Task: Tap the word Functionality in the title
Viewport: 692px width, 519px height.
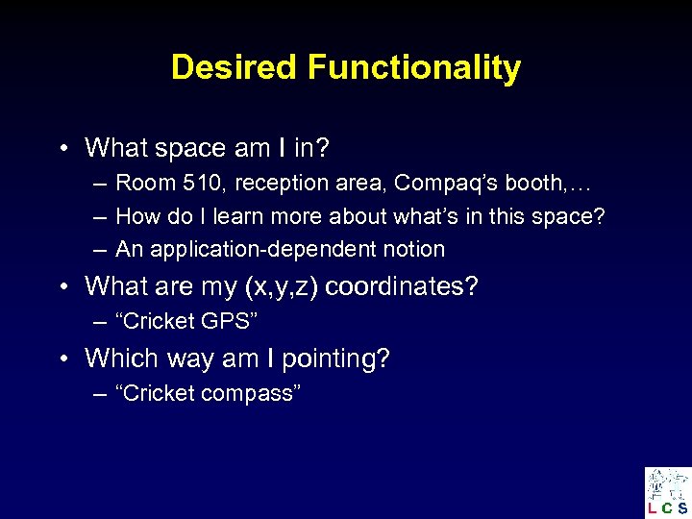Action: coord(414,68)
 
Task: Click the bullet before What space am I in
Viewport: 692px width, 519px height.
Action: coord(62,149)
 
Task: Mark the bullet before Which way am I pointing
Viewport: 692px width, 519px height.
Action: coord(62,359)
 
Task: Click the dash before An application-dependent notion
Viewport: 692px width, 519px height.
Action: coord(99,250)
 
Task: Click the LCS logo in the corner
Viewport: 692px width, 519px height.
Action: coord(667,492)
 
